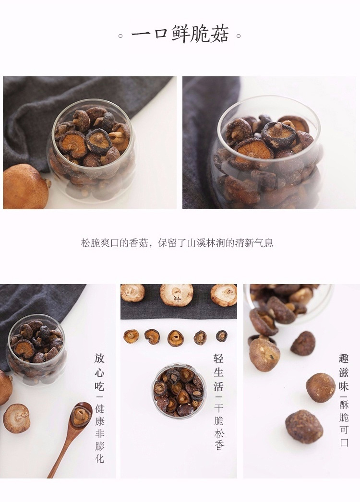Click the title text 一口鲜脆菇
(x=180, y=34)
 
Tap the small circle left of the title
(x=121, y=36)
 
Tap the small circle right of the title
(x=239, y=36)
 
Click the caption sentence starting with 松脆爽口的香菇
(x=177, y=243)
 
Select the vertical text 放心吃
(x=100, y=371)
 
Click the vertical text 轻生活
(x=218, y=371)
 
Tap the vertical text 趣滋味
(x=344, y=371)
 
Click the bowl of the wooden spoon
(x=81, y=415)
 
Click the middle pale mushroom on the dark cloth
(x=177, y=294)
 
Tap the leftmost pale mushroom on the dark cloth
(x=132, y=293)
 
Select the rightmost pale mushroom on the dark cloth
(x=224, y=295)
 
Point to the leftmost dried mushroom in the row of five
(x=132, y=336)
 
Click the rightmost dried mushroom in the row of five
(x=221, y=336)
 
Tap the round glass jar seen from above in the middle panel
(x=179, y=391)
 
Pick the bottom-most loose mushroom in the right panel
(x=300, y=427)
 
